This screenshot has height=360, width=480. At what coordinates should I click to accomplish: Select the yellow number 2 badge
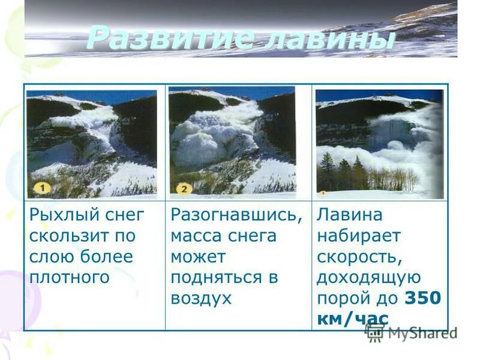(184, 188)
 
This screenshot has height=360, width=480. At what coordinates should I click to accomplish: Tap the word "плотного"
(69, 277)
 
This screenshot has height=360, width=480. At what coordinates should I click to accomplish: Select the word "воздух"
(201, 298)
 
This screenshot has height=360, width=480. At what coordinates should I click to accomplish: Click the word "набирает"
(358, 236)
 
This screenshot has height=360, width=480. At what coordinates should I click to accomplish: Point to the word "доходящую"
(368, 278)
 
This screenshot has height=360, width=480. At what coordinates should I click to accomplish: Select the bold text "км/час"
(352, 319)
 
